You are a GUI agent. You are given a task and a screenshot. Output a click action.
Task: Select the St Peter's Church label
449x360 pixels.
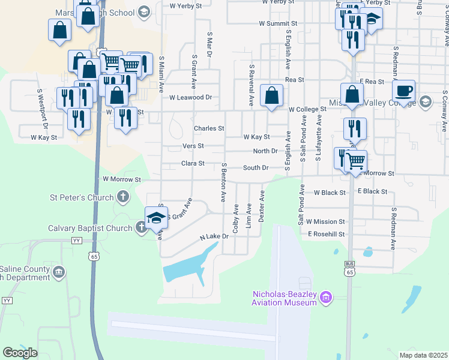coord(82,197)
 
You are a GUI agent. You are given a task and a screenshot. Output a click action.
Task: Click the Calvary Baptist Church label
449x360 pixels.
coord(90,228)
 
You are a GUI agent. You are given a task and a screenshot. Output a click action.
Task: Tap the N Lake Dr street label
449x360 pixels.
coord(215,237)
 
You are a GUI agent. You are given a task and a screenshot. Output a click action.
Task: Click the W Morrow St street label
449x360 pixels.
coord(121,179)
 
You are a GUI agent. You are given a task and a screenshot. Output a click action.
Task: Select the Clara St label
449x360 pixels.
coord(193,163)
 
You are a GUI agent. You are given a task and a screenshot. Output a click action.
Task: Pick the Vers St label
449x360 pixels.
coord(193,146)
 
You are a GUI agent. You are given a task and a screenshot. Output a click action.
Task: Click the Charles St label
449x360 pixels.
coord(208,128)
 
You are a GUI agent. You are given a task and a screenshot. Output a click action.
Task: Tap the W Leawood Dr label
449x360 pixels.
coord(191,97)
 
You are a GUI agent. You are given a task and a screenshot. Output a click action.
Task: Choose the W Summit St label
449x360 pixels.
coord(278,23)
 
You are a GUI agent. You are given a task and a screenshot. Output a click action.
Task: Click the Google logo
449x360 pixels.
coord(20,353)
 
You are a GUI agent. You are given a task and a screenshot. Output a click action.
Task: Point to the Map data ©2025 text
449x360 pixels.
coord(423,355)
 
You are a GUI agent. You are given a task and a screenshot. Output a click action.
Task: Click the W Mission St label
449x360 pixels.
coord(325,221)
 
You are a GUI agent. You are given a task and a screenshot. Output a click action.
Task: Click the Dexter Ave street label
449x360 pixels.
coord(262,207)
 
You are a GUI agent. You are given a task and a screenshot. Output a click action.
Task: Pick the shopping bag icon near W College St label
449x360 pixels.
coord(272,95)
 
